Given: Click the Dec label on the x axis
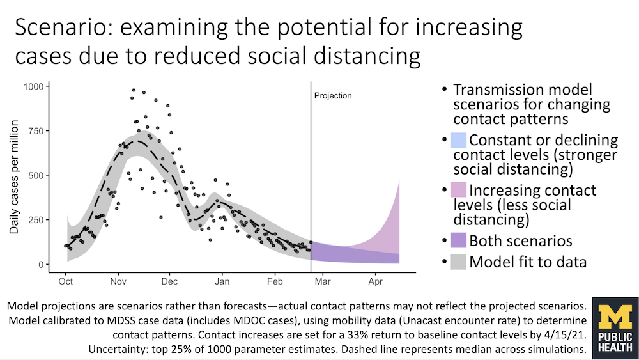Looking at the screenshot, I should point(169,281).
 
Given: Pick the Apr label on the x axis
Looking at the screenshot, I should point(376,281).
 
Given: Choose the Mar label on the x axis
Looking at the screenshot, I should point(323,281).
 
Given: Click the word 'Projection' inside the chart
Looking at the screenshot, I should point(333,96).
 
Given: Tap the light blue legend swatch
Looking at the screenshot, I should point(459,140).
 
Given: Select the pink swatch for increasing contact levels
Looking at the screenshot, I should point(459,191).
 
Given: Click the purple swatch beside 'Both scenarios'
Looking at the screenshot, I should point(459,241).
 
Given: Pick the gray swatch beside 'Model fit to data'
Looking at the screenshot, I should point(459,262).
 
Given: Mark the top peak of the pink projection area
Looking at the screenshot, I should point(399,181).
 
